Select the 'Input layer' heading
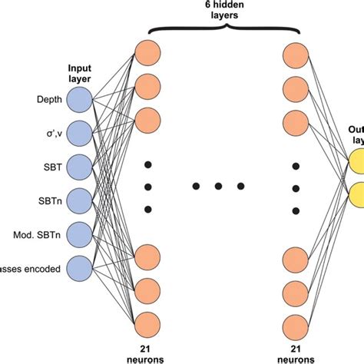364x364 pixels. pyautogui.click(x=80, y=72)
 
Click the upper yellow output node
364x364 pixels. pyautogui.click(x=358, y=160)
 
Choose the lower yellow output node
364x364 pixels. pyautogui.click(x=358, y=192)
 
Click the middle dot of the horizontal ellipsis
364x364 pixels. pyautogui.click(x=219, y=186)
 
